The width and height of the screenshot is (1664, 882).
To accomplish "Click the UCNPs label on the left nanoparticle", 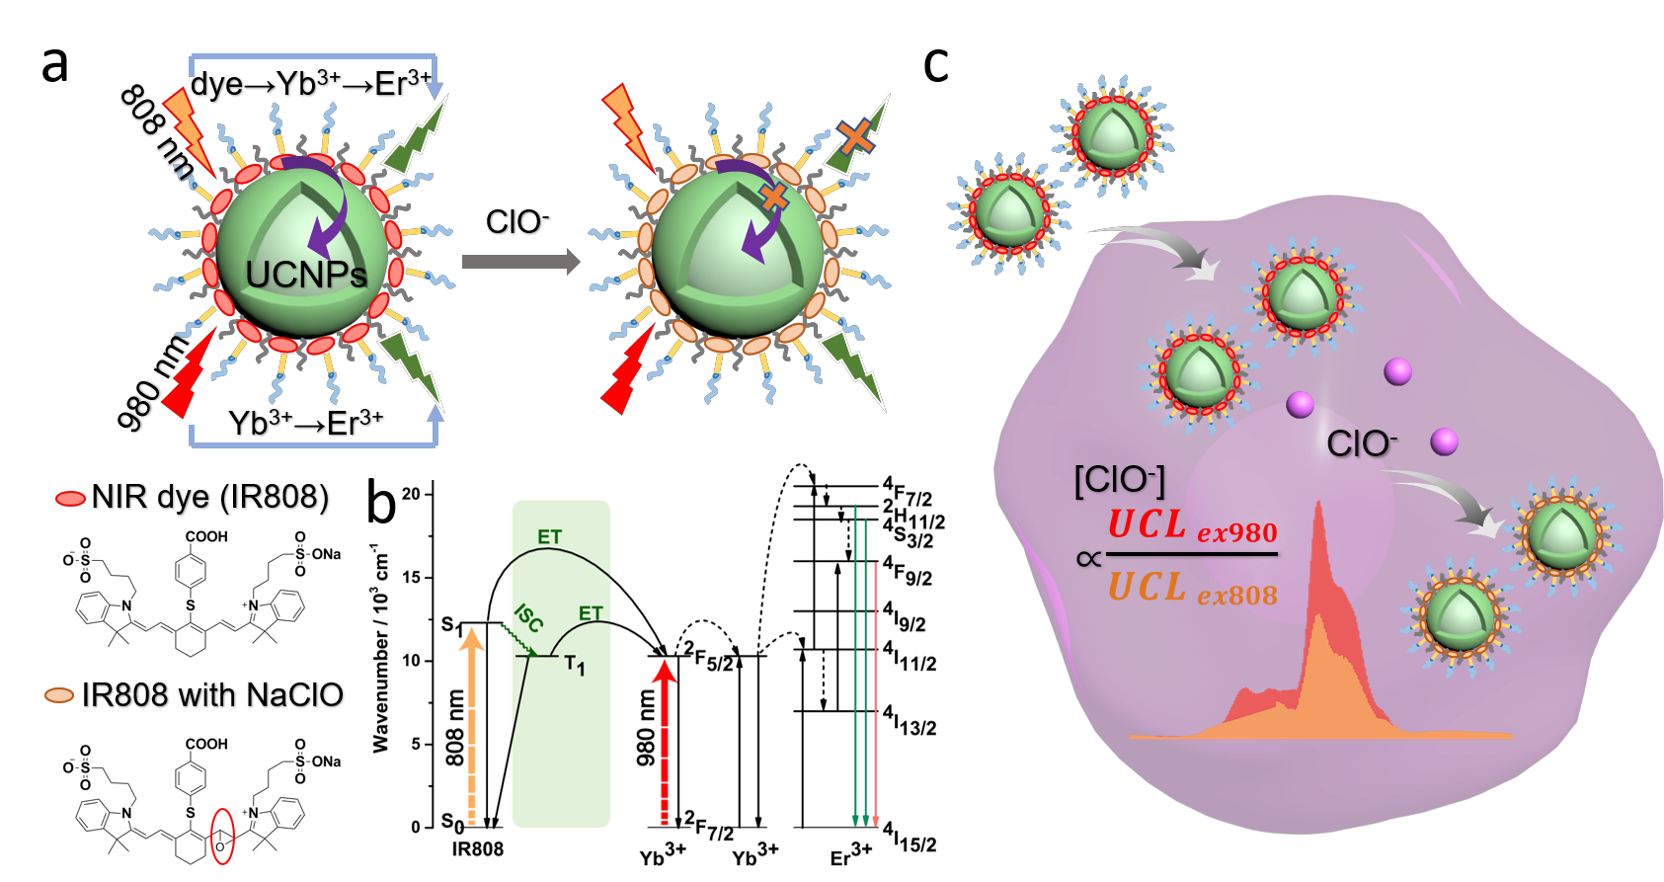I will click(305, 274).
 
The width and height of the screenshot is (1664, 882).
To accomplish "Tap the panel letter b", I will click(381, 503).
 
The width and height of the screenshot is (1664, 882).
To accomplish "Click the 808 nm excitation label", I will click(454, 728).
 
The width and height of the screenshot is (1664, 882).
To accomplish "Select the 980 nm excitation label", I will click(646, 728).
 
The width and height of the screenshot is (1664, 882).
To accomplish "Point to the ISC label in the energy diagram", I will click(529, 618).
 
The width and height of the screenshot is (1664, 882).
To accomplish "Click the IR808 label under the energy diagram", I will click(478, 849).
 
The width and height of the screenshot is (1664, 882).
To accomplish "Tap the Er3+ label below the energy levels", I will click(850, 855).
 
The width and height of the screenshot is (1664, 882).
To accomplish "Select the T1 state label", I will click(575, 666).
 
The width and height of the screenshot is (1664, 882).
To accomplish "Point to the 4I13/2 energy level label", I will click(910, 721).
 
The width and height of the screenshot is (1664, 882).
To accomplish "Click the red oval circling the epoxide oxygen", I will click(223, 836).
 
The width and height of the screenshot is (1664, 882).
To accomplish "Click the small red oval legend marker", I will click(70, 499).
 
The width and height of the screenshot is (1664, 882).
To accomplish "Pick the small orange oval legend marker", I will click(59, 695).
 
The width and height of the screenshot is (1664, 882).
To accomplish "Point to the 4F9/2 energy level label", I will click(908, 571).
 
